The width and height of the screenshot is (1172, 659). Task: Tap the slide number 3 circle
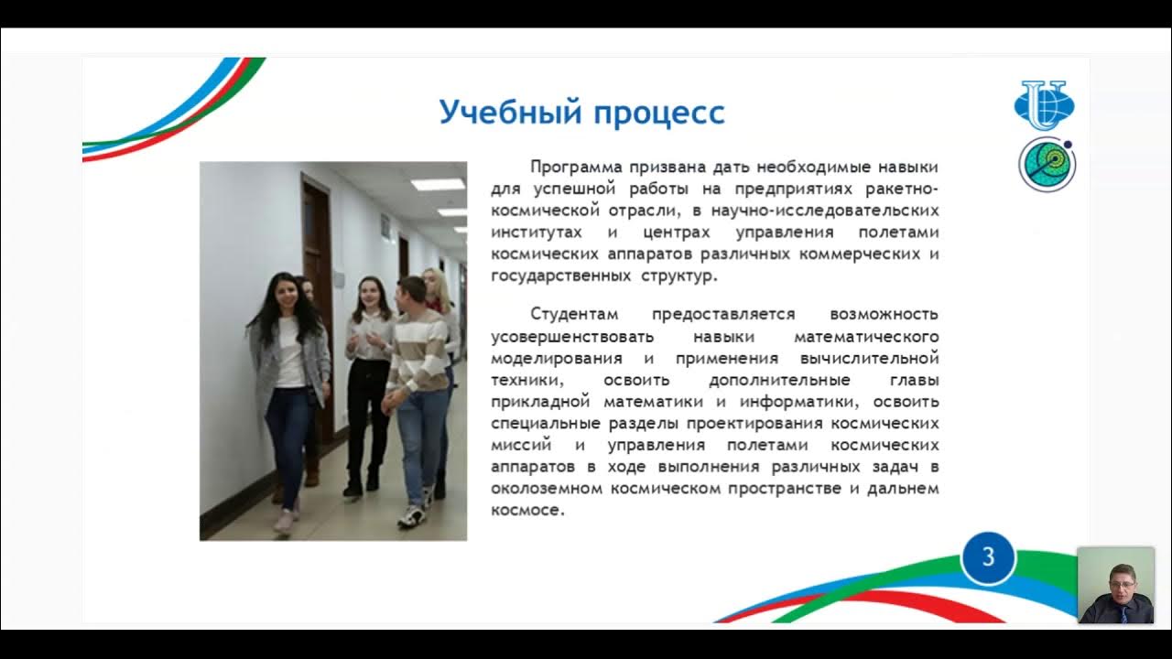click(988, 557)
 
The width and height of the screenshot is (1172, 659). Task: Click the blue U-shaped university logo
click(1045, 105)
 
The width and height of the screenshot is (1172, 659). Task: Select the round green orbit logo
click(1047, 165)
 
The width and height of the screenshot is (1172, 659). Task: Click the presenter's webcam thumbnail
click(1115, 585)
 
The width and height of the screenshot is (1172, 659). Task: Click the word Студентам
click(574, 314)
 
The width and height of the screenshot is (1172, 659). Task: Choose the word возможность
click(884, 314)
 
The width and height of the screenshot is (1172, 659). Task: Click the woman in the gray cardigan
click(288, 375)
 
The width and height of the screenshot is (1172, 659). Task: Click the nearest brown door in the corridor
click(317, 275)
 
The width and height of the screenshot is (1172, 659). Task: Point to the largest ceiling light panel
click(438, 184)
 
